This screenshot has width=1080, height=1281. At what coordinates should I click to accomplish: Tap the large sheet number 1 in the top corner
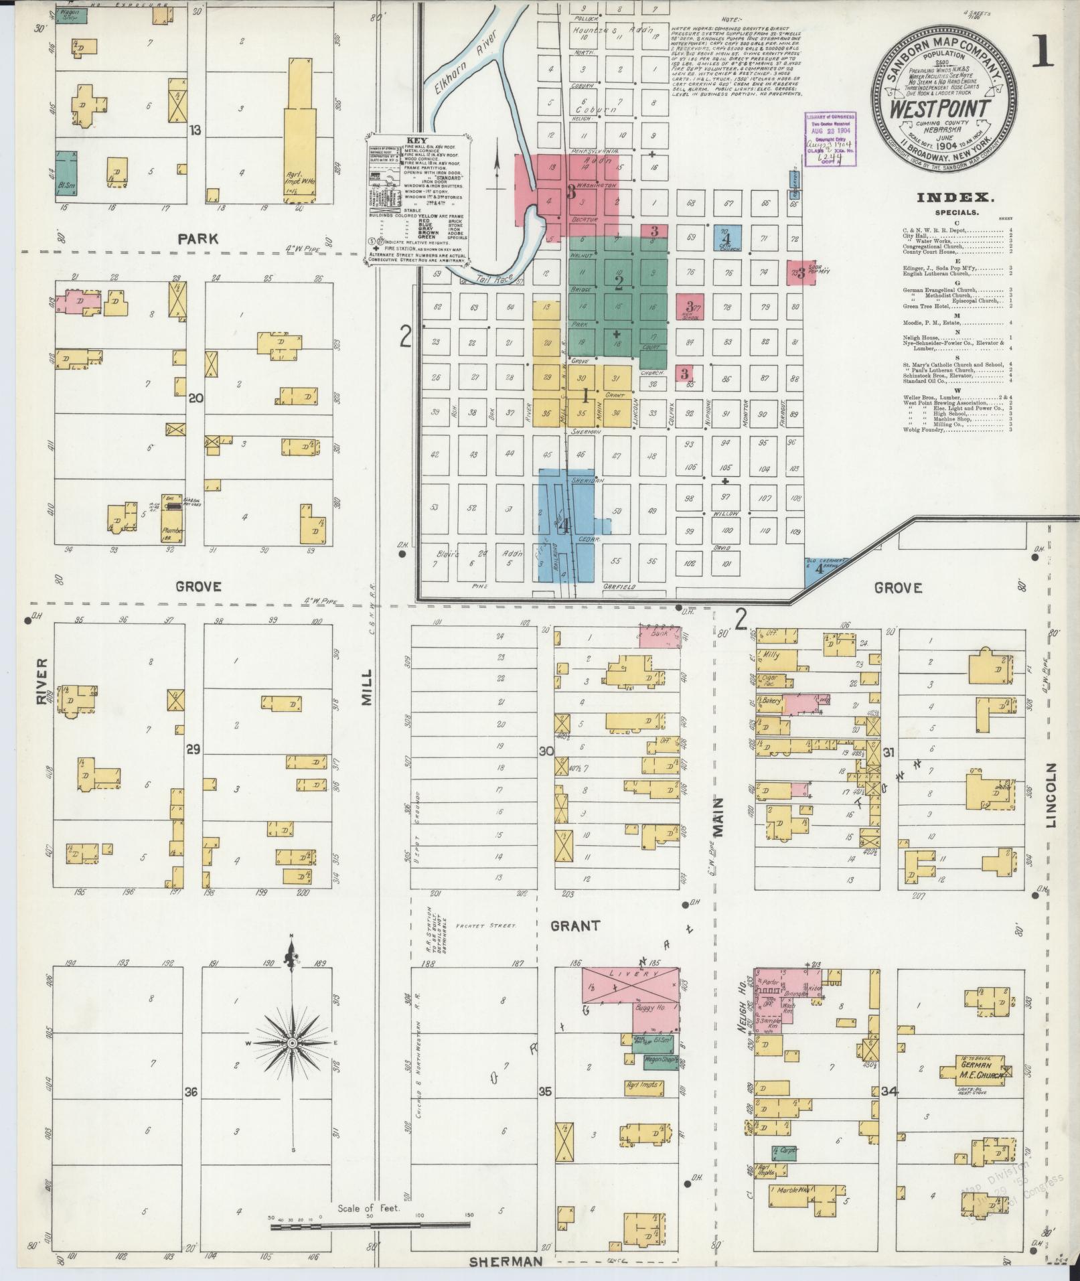[1043, 55]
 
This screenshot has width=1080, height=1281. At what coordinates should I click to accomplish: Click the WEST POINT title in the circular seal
[945, 108]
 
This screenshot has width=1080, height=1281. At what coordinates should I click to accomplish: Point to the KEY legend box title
[416, 141]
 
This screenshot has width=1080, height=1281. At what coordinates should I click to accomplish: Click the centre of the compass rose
[292, 1063]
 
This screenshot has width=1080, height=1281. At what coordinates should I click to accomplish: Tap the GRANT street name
[575, 926]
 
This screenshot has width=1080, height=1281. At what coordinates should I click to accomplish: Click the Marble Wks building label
[791, 1190]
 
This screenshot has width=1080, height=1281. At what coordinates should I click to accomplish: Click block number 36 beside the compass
[191, 1092]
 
